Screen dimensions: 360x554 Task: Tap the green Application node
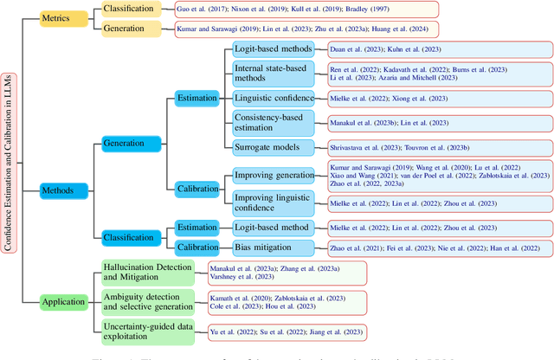[x=62, y=302]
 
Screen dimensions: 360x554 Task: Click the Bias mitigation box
[x=268, y=247]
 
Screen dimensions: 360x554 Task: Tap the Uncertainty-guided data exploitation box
[x=149, y=331]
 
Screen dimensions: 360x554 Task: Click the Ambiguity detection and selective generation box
[x=149, y=302]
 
